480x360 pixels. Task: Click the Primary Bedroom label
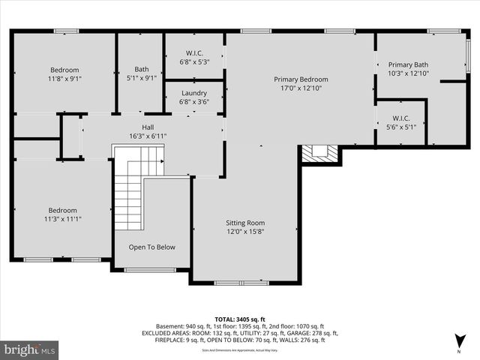[301, 79]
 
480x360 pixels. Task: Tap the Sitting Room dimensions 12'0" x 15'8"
[245, 232]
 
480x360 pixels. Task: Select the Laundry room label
[193, 93]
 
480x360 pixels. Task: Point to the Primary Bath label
[407, 64]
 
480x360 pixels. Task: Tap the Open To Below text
[151, 247]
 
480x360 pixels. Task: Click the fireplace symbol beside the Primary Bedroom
[320, 153]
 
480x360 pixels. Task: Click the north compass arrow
[458, 342]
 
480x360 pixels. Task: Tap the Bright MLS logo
[30, 349]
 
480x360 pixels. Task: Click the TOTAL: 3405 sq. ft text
[240, 319]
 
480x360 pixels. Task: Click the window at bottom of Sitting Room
[241, 283]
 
